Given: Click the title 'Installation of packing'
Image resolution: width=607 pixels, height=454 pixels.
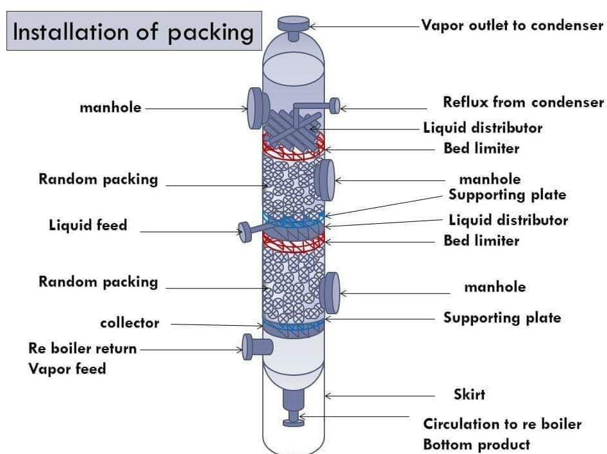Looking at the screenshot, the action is point(133,31).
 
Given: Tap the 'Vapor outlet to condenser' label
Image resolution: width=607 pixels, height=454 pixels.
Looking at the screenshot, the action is point(512,25).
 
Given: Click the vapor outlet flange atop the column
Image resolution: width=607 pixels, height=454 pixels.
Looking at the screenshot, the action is point(294,24).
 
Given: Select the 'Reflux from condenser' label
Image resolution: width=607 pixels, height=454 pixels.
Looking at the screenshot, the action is point(524,102).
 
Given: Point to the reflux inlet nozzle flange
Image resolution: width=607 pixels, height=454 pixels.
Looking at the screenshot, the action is point(335,106).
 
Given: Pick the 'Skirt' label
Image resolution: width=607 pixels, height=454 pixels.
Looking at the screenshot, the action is point(469,394).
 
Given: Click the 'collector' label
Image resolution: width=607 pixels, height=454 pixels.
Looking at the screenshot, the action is point(129,323).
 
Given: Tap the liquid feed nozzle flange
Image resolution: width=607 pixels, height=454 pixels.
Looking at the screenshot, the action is point(245,232).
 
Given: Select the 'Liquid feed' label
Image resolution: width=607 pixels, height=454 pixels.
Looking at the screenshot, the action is point(88,225).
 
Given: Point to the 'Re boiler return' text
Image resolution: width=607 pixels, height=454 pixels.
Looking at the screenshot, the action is point(83,348).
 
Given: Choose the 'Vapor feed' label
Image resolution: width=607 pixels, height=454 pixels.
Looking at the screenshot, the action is point(67,369).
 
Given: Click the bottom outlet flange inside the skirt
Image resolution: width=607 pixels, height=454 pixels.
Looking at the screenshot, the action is point(294,422).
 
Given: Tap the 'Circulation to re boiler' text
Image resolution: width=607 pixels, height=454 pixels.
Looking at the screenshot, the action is point(502,424).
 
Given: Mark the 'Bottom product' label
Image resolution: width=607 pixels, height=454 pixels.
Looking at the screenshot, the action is point(476,444).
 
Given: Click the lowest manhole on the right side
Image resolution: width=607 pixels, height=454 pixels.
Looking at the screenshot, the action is point(329,293).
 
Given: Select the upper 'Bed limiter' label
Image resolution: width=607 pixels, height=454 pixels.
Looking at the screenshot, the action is point(481,148).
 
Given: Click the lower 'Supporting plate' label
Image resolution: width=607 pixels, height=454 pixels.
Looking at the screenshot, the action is point(502,317).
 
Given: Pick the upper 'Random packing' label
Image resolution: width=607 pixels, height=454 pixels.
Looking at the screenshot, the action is point(98,180).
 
